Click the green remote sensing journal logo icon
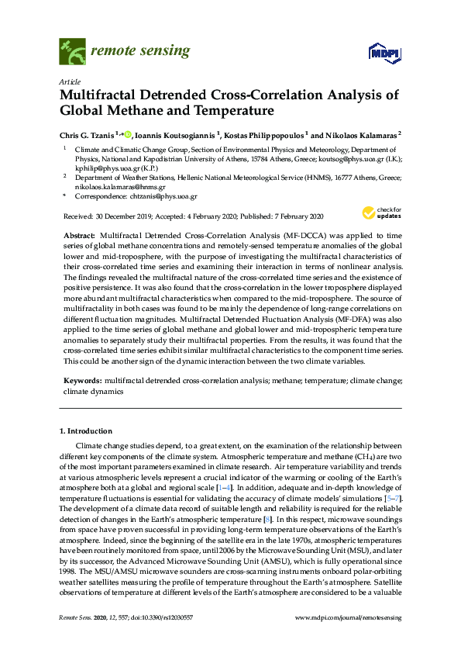[x=71, y=52]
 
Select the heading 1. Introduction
[x=85, y=430]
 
